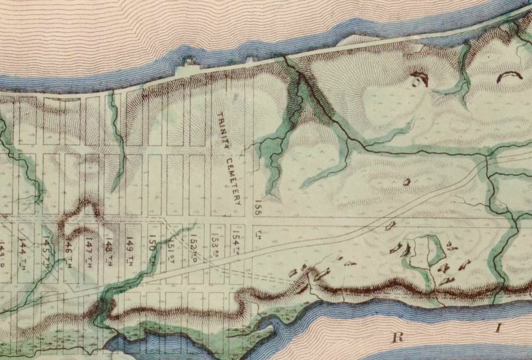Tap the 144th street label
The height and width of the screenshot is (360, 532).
point(25,247)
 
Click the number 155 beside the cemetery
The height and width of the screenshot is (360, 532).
point(257,208)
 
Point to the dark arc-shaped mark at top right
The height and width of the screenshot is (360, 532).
point(512,76)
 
